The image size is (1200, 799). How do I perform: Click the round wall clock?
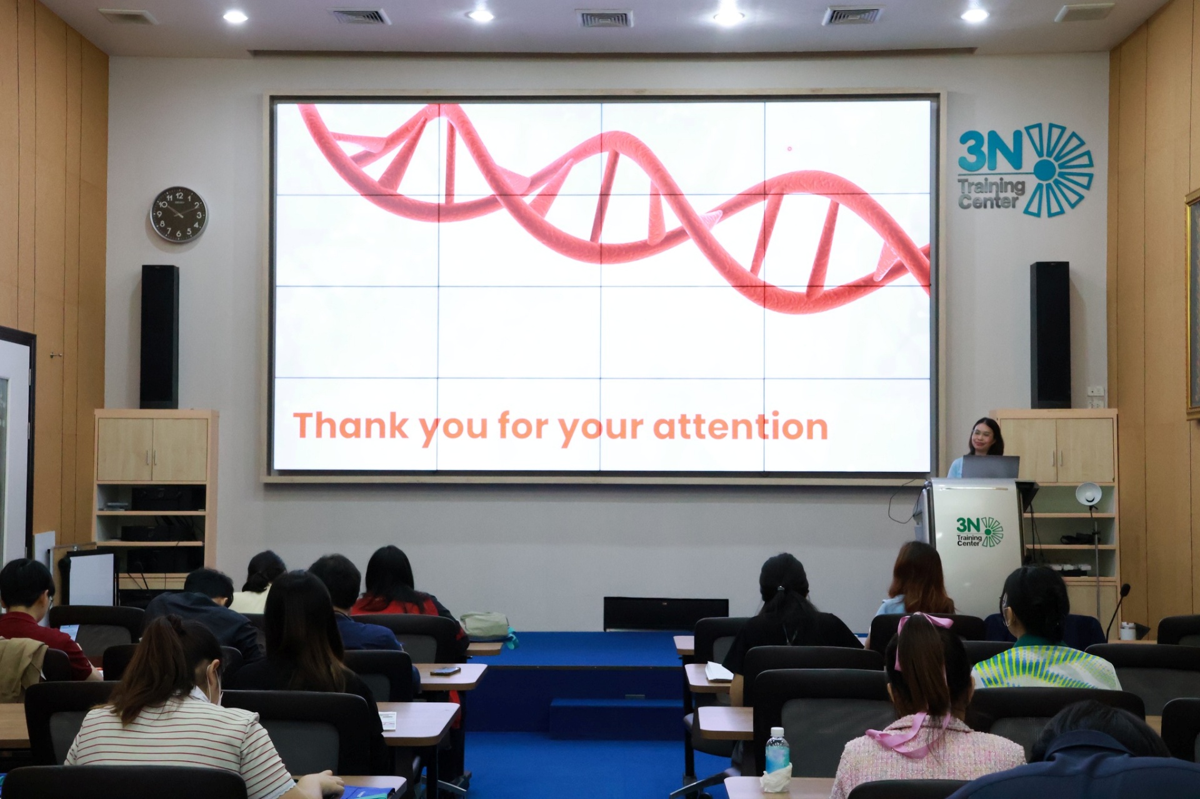[179, 214]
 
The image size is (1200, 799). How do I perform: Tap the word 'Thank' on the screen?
[351, 425]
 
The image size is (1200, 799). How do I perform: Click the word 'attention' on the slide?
[741, 426]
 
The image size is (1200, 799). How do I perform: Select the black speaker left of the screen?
[159, 336]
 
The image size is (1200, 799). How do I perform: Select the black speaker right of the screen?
[1050, 334]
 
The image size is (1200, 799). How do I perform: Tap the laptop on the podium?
[990, 467]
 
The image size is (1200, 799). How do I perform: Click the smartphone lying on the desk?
[445, 671]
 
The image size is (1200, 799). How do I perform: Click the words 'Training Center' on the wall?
[991, 193]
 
